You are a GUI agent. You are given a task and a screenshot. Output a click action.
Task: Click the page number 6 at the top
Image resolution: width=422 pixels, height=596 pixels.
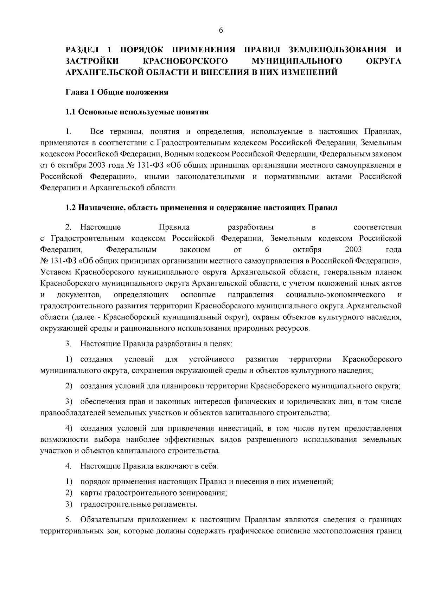point(221,31)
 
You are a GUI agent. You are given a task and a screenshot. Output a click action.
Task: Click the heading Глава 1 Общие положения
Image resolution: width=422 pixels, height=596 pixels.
point(117,92)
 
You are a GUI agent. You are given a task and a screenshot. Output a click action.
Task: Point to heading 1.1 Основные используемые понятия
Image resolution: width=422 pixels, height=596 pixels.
point(137,112)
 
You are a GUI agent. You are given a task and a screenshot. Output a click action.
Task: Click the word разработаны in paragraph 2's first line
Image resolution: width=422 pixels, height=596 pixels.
point(251,227)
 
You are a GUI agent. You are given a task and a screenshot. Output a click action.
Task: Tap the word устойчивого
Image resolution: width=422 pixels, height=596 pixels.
point(212,359)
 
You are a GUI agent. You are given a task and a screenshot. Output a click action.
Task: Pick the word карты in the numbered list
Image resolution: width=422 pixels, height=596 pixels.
point(90,493)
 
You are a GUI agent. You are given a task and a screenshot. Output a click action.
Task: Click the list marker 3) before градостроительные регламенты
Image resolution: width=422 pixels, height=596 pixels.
point(69,504)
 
